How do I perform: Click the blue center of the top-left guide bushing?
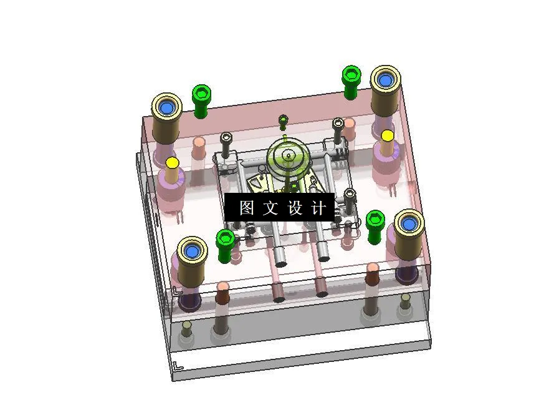coord(166,108)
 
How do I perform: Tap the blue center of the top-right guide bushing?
coord(385,80)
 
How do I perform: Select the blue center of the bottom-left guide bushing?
coord(192,251)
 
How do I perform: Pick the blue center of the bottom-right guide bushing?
coord(409,223)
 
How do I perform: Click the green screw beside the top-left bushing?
coord(201,96)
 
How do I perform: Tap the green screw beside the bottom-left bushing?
coord(225,240)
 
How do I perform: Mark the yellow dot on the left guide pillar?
coord(173,163)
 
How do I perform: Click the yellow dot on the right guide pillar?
coord(388,135)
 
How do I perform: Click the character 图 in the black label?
coord(246,208)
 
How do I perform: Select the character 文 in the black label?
coord(270,208)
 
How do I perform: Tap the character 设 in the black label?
coord(294,208)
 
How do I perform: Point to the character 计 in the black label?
coord(318,208)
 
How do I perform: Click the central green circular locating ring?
coord(288,156)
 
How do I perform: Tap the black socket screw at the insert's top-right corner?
coord(338,123)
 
